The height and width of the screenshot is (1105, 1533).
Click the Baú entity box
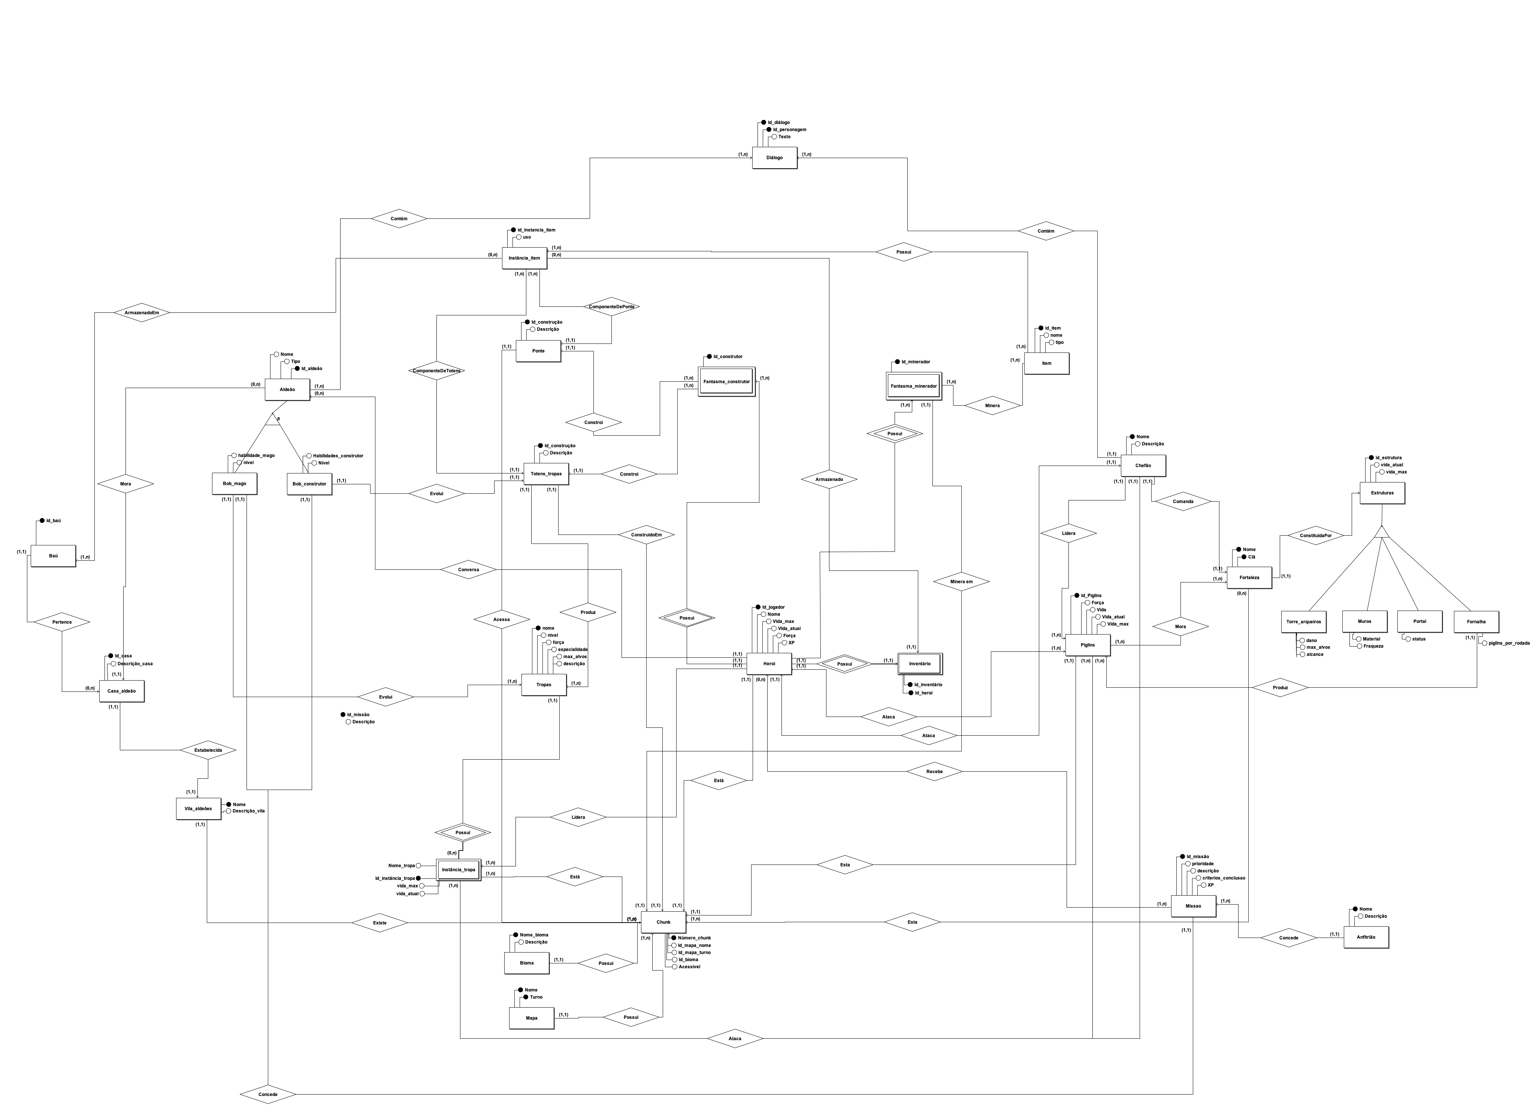pos(54,555)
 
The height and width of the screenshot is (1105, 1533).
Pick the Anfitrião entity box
pos(1366,938)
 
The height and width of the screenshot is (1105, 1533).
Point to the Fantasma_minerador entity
pos(913,386)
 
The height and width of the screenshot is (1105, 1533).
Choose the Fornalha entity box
pos(1476,621)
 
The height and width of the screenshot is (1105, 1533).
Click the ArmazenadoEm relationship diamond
pos(141,313)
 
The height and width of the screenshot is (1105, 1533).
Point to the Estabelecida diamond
pos(208,750)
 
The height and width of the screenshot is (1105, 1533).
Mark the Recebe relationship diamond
pos(934,771)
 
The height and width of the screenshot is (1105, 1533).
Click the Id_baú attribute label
pos(54,520)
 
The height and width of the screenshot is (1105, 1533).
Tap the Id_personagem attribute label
pos(789,130)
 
